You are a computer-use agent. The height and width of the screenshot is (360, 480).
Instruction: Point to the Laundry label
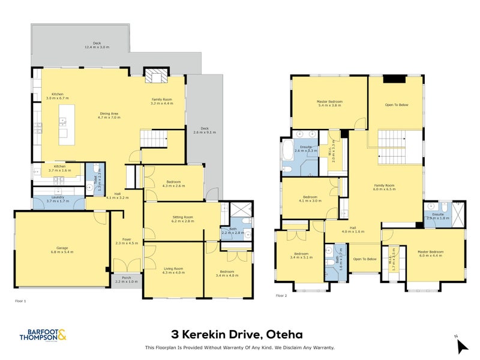tap(58, 197)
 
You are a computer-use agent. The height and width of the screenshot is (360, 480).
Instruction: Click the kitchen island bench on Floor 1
tap(67, 124)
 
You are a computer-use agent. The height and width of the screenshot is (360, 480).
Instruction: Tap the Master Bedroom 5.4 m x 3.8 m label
tap(329, 103)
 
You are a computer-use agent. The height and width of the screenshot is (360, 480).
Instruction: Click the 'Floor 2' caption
tap(281, 296)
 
